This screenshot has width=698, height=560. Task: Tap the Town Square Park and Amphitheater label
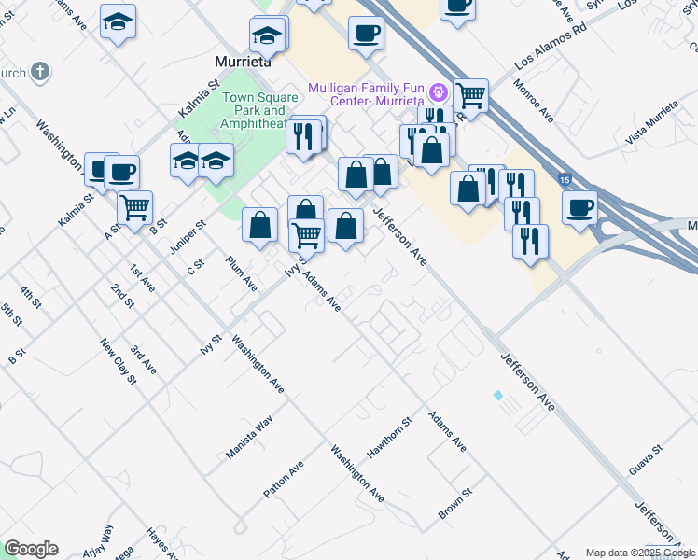coord(254,109)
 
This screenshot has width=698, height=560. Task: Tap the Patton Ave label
coord(284,479)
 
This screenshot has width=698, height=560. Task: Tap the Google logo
coord(31,549)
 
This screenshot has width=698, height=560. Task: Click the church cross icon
coord(39,71)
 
